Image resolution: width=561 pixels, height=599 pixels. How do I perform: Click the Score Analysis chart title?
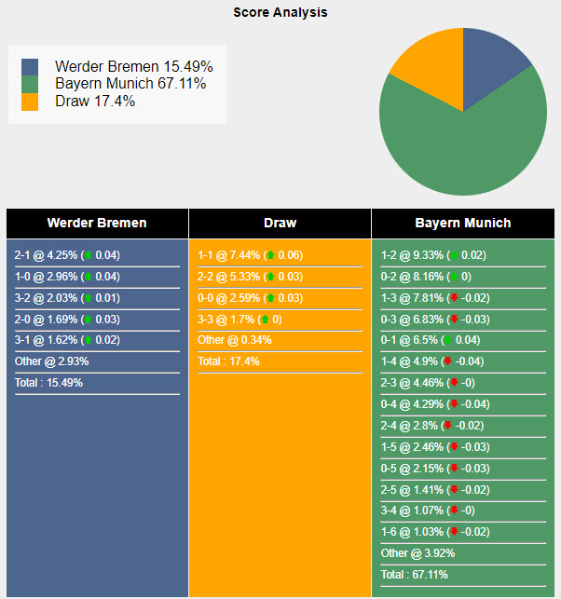tap(280, 13)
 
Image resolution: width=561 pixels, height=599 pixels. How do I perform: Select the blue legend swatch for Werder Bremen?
tap(31, 67)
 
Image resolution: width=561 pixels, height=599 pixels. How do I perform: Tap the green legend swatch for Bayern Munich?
tap(31, 84)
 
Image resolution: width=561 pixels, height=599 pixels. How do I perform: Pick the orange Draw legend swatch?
tap(31, 101)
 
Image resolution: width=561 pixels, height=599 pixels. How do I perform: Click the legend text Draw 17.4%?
tap(95, 101)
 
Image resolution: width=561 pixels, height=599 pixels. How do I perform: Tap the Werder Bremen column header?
tap(97, 223)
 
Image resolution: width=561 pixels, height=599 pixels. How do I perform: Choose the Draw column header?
tap(280, 223)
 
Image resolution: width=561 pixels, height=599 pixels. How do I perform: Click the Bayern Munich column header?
tap(462, 223)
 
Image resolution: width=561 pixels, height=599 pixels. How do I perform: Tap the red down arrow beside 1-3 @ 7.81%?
tap(454, 298)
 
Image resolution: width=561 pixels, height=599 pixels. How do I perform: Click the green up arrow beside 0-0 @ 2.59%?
tap(270, 298)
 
